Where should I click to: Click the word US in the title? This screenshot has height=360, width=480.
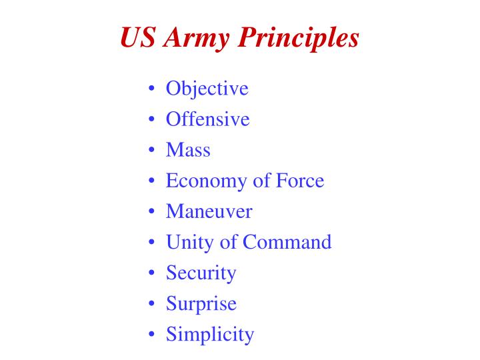(x=138, y=38)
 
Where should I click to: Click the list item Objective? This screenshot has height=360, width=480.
(x=207, y=89)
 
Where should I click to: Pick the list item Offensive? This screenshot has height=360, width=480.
(x=207, y=119)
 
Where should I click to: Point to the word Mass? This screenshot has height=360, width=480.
(x=188, y=150)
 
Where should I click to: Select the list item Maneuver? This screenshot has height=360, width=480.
(x=209, y=211)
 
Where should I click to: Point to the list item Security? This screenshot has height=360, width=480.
(x=201, y=273)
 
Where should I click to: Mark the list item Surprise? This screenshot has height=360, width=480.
(x=201, y=303)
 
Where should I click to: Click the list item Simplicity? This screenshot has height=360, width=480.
(x=210, y=334)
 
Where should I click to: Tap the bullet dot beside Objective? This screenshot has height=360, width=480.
(x=153, y=89)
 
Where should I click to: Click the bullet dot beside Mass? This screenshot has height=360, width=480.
(x=153, y=151)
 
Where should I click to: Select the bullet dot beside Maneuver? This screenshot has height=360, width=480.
(x=153, y=212)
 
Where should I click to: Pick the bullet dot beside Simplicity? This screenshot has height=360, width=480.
(x=153, y=335)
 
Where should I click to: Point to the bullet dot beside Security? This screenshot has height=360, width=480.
(x=153, y=273)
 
